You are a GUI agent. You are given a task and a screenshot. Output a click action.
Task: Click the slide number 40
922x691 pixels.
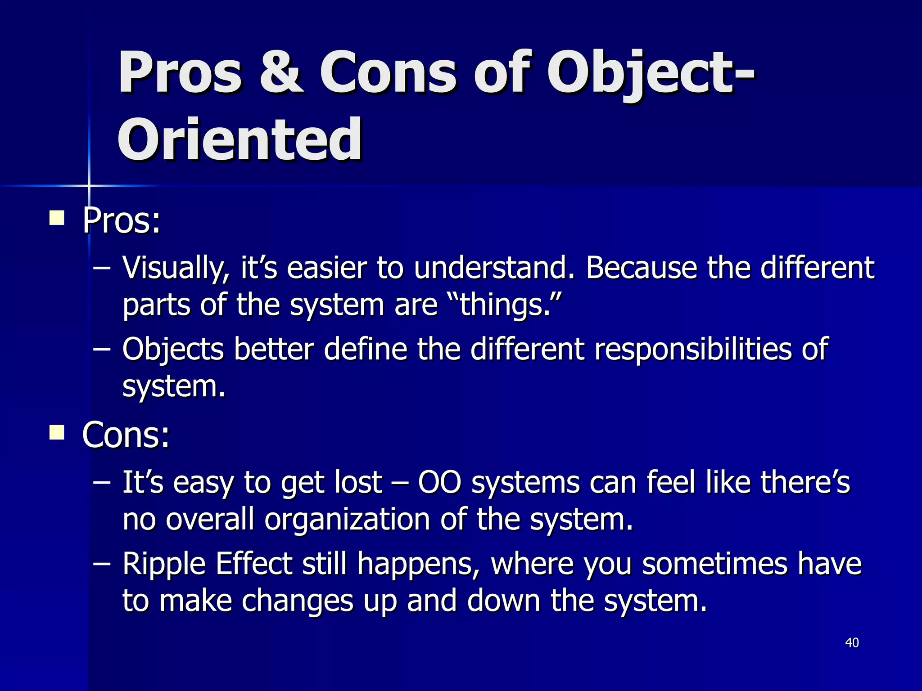point(852,642)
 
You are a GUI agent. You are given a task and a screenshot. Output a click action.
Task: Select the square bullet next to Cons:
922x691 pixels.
point(57,433)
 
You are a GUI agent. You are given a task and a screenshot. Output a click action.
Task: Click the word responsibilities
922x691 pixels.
point(692,349)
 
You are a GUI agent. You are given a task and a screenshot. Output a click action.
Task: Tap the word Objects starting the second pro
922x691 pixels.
point(173,349)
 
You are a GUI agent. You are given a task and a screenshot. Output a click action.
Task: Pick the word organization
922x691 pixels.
point(347,519)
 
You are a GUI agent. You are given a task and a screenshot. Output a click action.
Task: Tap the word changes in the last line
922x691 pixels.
point(298,601)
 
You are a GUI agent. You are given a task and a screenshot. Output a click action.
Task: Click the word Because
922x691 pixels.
point(641,268)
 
